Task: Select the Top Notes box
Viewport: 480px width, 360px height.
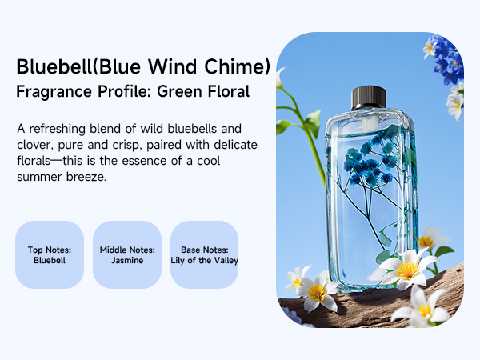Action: tap(50, 254)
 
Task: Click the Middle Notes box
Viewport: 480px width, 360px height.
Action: tap(127, 254)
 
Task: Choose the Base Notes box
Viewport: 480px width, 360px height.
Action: tap(205, 254)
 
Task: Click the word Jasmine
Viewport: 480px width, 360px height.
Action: tap(127, 260)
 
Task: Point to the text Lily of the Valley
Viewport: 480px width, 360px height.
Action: tap(205, 260)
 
